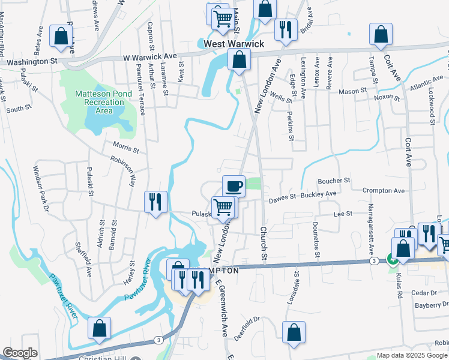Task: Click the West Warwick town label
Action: [x=234, y=44]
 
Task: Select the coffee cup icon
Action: [x=234, y=185]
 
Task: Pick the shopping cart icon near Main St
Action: [x=222, y=17]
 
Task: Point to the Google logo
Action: [x=20, y=353]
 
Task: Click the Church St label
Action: [x=263, y=242]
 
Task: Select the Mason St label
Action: [x=352, y=91]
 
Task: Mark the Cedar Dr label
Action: [x=424, y=292]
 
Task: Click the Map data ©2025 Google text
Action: [x=411, y=355]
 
